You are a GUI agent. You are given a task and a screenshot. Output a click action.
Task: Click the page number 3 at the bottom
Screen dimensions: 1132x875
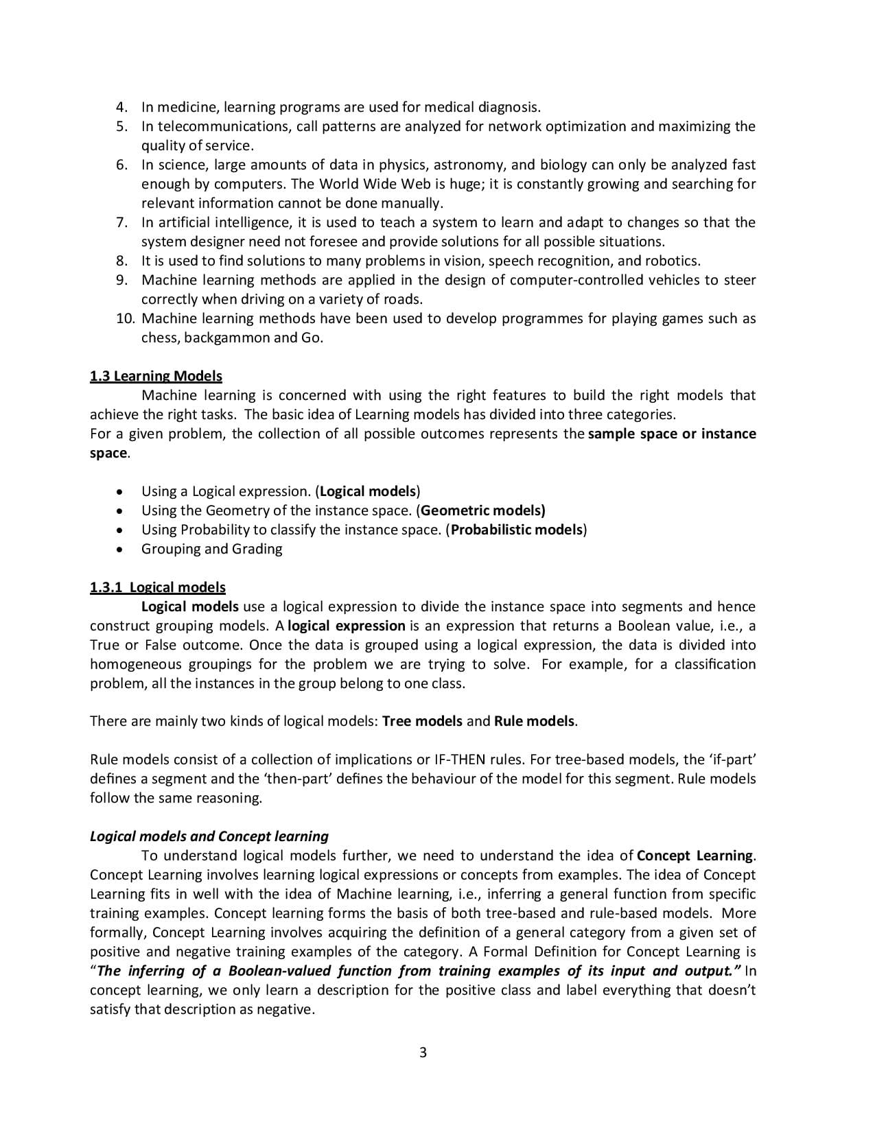click(423, 1052)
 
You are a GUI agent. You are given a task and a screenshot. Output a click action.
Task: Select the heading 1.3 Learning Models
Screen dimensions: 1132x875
click(156, 376)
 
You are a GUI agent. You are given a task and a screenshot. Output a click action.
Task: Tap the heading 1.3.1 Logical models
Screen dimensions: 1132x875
click(157, 587)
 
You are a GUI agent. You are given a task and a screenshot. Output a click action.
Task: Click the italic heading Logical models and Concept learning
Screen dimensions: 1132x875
click(209, 836)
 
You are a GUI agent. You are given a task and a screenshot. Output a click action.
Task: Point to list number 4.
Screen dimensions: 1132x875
click(121, 107)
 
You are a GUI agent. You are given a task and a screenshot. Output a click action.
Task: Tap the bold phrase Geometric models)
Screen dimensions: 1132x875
click(482, 510)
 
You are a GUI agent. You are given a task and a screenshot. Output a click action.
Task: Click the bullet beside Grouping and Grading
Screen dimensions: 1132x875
click(121, 550)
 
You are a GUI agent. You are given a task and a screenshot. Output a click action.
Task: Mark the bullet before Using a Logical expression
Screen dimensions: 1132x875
click(121, 492)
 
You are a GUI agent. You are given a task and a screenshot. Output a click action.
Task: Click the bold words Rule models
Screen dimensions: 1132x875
click(534, 721)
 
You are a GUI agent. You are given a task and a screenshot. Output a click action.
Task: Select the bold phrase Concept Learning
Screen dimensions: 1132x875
click(695, 856)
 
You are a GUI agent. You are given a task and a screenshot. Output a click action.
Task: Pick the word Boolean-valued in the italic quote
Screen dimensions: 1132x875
click(279, 971)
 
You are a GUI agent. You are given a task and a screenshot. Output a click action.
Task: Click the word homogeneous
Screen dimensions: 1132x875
click(135, 664)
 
